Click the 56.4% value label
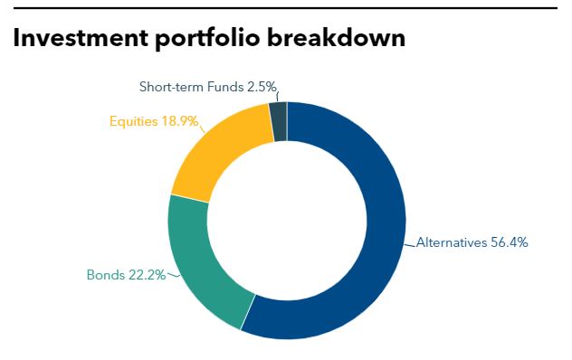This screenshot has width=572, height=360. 509,242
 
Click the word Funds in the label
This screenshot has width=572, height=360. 223,87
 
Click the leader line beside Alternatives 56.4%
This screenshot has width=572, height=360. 411,242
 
